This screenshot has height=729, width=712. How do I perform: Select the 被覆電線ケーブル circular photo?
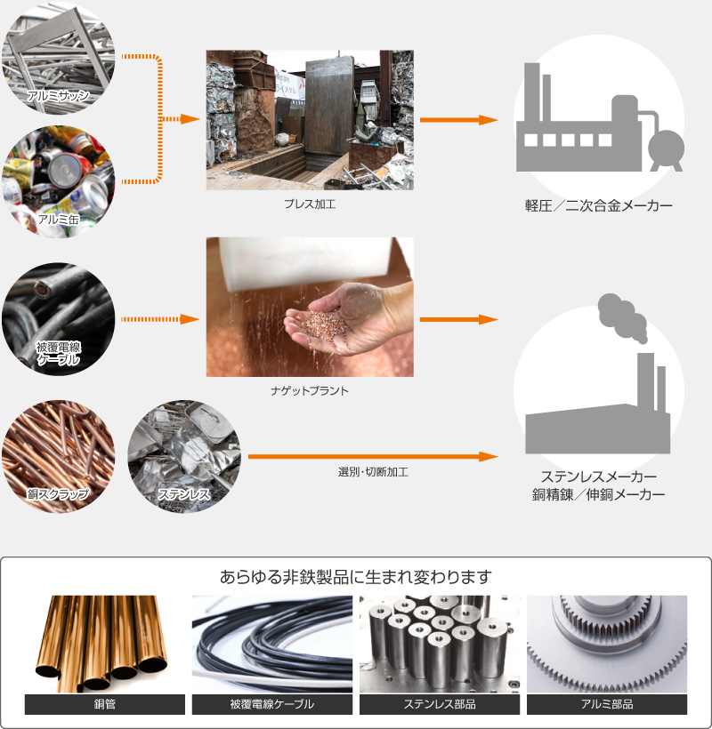click(59, 317)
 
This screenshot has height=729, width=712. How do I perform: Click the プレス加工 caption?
click(309, 204)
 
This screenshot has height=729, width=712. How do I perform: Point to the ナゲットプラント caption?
click(309, 389)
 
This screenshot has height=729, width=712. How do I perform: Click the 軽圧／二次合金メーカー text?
click(597, 206)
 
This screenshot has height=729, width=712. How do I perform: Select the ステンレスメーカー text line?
click(598, 477)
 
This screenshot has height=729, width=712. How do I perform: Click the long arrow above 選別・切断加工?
click(372, 456)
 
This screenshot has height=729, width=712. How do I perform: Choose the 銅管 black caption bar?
click(105, 705)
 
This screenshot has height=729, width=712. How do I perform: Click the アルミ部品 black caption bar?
click(607, 705)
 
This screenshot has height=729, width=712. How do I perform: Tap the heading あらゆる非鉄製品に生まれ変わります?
click(356, 576)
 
